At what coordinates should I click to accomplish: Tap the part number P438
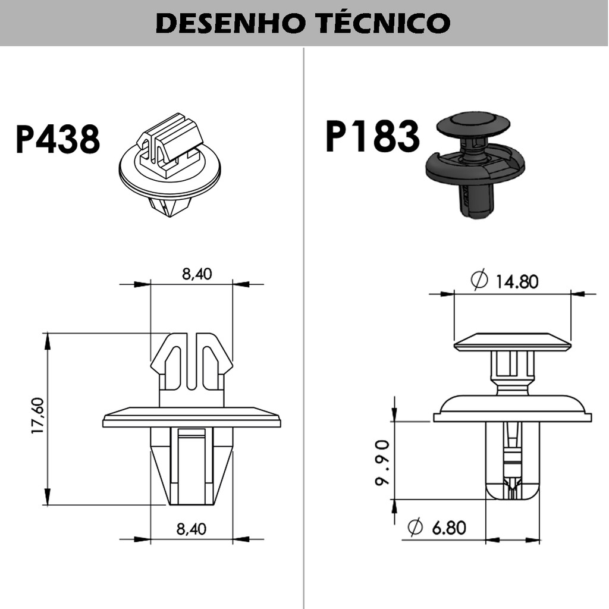(x=58, y=139)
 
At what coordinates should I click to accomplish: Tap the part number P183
(x=372, y=136)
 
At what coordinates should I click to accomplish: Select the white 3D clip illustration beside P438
(x=169, y=165)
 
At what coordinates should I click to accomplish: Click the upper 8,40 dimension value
(x=197, y=274)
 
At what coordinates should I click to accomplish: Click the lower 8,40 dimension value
(x=191, y=529)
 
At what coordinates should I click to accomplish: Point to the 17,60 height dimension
(x=37, y=416)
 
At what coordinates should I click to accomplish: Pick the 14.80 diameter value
(x=517, y=281)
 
